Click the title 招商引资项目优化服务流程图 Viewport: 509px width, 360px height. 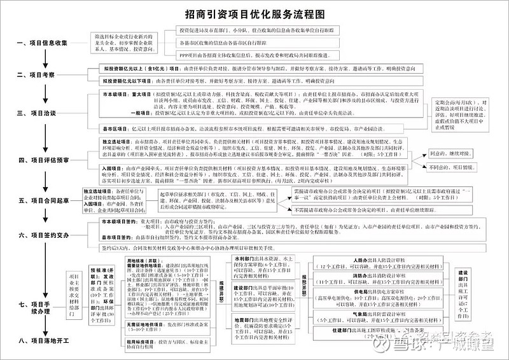point(254,13)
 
